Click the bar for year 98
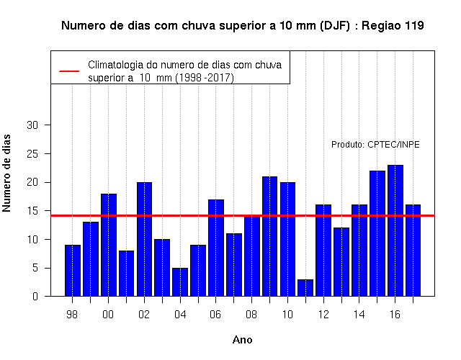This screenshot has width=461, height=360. tap(73, 271)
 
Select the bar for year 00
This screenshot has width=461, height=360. tap(109, 245)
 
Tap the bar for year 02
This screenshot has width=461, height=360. tap(144, 239)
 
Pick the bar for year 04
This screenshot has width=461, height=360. tap(180, 282)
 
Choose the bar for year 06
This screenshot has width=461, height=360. tap(216, 248)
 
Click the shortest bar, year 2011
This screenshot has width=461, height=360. tap(305, 288)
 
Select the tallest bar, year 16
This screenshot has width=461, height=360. tap(395, 230)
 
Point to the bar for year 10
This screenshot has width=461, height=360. tap(288, 239)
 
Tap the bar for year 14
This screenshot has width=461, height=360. tap(359, 251)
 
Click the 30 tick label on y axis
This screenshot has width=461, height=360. tap(32, 125)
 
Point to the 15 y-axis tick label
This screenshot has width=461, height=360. tap(32, 211)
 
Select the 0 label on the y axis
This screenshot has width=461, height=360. tap(35, 296)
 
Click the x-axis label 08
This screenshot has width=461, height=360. tap(251, 315)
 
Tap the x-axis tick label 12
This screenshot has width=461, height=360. tap(323, 315)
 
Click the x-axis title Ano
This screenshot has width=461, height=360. tap(243, 340)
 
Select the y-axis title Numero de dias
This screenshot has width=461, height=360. tap(6, 174)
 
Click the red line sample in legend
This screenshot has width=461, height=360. tap(69, 71)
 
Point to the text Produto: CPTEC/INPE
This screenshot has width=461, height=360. tap(375, 145)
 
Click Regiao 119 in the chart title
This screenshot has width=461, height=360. tap(393, 26)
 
